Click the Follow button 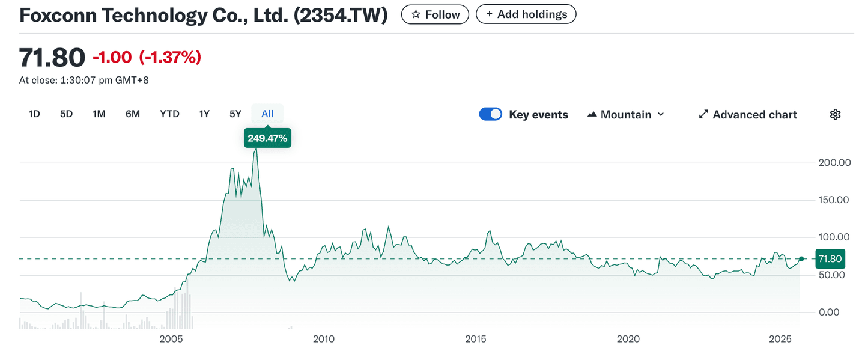tap(436, 14)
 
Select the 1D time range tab tap(34, 114)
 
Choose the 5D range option tap(66, 114)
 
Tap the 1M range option tap(99, 114)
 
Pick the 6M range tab tap(133, 114)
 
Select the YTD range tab tap(169, 114)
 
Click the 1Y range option tap(204, 114)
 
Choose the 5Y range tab tap(235, 114)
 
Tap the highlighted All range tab tap(267, 114)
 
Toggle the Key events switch tap(490, 115)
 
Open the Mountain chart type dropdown tap(626, 115)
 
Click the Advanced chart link tap(748, 115)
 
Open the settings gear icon tap(835, 115)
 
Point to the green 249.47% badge tap(267, 138)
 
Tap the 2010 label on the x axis tap(324, 340)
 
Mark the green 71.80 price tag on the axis tap(829, 259)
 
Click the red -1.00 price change tap(112, 57)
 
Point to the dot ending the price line tap(801, 258)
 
